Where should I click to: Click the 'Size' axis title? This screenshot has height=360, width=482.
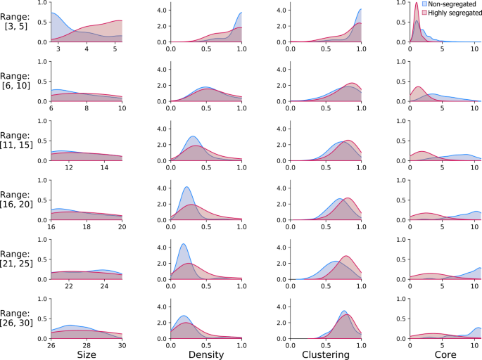(x=86, y=355)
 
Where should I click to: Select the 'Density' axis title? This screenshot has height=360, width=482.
(x=206, y=355)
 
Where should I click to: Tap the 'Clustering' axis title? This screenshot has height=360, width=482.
(x=324, y=355)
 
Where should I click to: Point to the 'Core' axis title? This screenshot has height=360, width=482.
(x=445, y=355)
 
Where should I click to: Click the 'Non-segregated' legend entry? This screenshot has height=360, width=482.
(x=450, y=4)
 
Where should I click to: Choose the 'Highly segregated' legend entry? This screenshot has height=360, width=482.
(x=450, y=12)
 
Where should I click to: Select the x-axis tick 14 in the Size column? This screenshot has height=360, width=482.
(x=105, y=169)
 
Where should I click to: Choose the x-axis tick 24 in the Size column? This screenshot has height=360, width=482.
(x=105, y=287)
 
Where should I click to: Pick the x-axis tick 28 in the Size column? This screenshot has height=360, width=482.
(x=87, y=346)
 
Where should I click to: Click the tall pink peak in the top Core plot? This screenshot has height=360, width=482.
(x=417, y=6)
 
